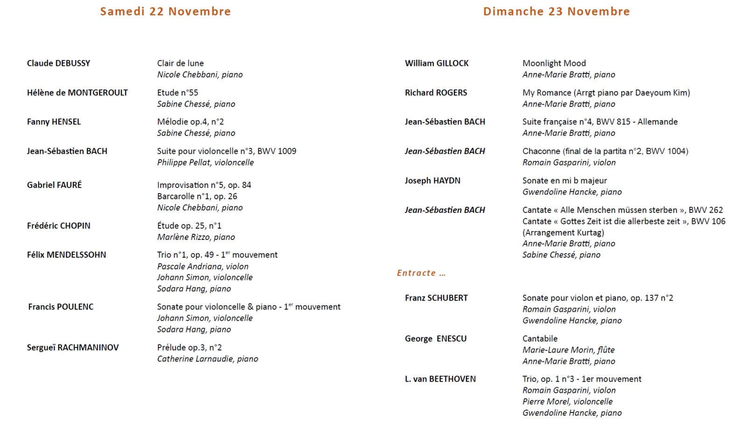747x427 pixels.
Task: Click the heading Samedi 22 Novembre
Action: pos(165,12)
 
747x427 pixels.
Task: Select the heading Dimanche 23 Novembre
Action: pos(556,12)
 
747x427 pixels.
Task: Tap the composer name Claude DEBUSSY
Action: pos(58,63)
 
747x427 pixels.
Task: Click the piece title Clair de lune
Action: pos(180,63)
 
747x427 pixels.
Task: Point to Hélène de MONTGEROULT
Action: pos(77,93)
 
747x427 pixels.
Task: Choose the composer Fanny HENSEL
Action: pos(54,122)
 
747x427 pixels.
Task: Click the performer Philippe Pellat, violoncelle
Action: pos(205,162)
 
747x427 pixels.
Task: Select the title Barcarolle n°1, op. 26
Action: pos(197,196)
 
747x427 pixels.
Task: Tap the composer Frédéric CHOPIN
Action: pos(58,225)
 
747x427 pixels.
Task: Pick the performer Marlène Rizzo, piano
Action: pos(196,237)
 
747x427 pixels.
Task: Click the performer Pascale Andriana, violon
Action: pos(203,267)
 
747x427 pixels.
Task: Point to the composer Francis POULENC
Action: pos(61,307)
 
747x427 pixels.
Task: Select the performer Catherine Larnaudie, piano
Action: pos(207,359)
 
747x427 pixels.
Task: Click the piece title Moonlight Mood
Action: pos(554,63)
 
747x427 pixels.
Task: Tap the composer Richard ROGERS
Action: pos(436,93)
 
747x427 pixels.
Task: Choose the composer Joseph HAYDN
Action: pos(432,181)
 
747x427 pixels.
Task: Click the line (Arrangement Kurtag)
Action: pos(563,232)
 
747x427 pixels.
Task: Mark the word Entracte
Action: pos(416,273)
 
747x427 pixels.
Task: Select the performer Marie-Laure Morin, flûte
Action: pos(568,350)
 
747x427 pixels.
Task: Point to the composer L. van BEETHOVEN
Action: pos(440,379)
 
